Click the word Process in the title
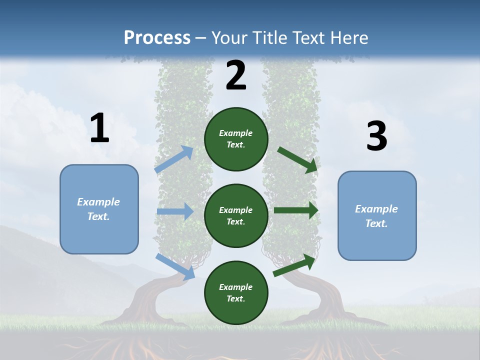point(157,38)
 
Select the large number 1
point(99,128)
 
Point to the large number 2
point(236,76)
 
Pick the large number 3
point(376,136)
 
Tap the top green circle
point(236,139)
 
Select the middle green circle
point(236,216)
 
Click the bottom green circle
point(236,293)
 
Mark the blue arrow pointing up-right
point(174,159)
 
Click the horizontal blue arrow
point(175,212)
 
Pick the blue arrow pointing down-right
point(175,266)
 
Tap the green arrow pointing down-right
point(297,159)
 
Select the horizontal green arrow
point(296,210)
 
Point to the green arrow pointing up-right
point(294,265)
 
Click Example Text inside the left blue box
point(98,209)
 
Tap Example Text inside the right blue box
point(376,216)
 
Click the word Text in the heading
point(308,38)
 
